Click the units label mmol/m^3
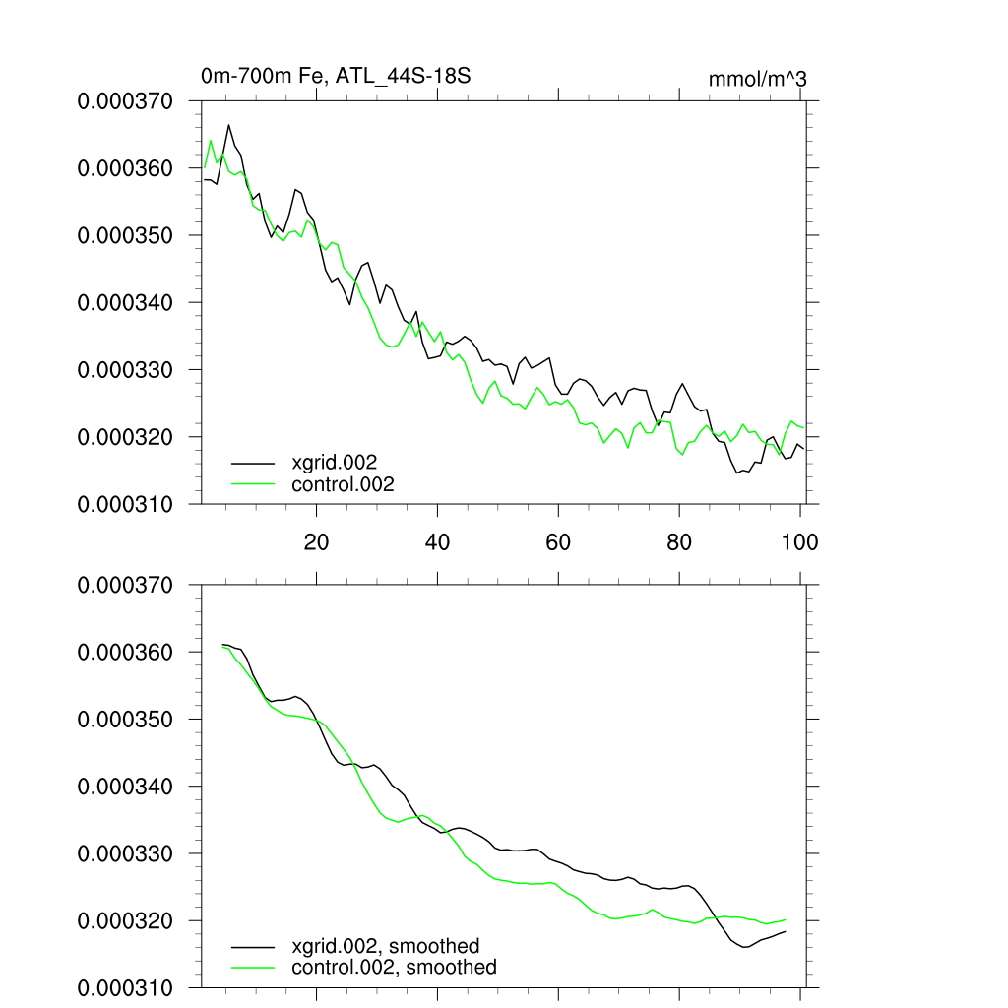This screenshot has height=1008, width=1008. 757,79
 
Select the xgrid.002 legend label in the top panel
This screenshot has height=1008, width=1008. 335,462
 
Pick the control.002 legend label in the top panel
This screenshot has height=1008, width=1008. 343,483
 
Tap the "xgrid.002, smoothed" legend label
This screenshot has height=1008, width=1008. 385,946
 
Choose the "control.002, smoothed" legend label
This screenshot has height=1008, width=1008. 394,968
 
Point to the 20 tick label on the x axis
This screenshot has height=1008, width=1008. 316,541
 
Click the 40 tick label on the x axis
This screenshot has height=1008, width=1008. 437,541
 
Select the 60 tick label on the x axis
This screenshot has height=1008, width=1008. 558,541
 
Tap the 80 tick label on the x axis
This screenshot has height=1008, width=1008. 679,541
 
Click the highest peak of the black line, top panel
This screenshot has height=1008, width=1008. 229,125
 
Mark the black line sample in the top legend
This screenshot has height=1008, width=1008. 253,462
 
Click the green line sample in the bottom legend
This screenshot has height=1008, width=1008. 253,968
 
